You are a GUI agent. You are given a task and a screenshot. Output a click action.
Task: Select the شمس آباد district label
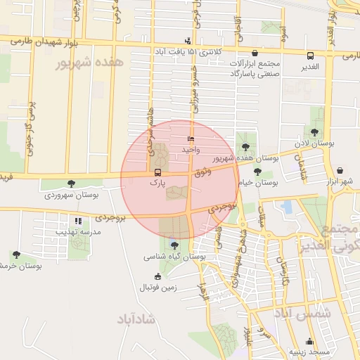coord(302,314)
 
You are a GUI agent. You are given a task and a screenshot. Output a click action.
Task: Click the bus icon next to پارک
coord(157,172)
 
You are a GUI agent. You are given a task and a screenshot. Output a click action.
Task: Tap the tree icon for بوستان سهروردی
coord(71,184)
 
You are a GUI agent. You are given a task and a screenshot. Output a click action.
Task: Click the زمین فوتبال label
coord(158,287)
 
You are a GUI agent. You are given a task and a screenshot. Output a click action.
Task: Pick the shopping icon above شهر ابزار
coord(340,171)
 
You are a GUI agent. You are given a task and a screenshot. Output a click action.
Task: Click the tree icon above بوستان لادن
coord(314,132)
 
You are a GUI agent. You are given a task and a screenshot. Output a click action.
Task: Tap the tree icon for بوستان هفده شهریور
coord(245,147)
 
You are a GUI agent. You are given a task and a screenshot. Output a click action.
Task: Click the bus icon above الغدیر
coord(310,55)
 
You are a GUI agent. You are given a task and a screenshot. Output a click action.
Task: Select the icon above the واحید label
coord(191,139)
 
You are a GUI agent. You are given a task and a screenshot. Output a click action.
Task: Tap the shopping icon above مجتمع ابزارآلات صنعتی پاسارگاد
coord(254,53)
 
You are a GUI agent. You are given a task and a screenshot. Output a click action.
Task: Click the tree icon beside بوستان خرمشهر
coord(15,255)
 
